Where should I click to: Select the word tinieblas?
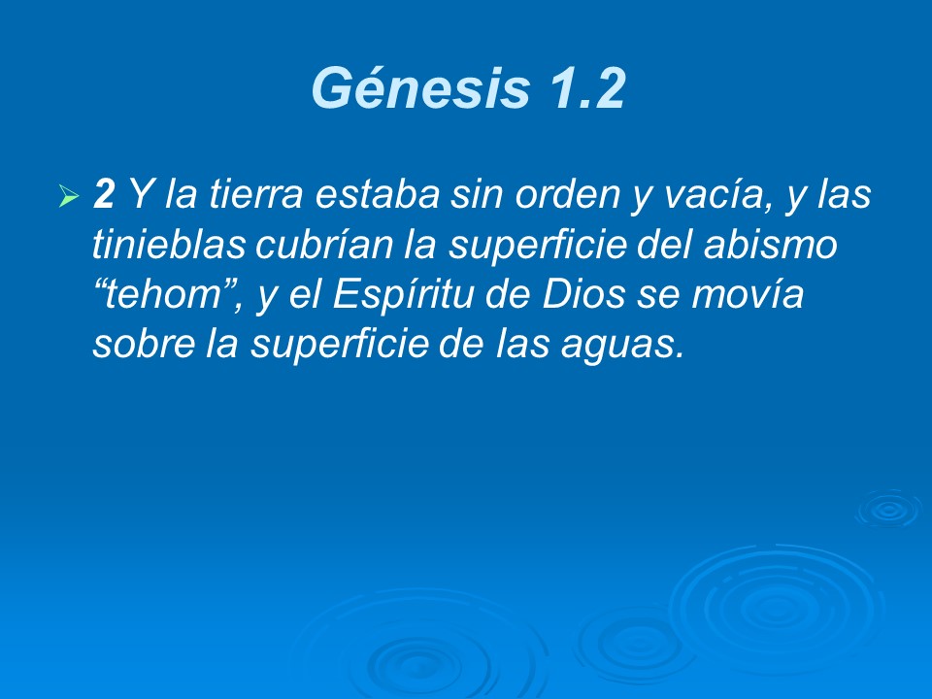coord(170,246)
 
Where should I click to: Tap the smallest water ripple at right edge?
coord(886,509)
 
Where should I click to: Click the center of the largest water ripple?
coord(777,607)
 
